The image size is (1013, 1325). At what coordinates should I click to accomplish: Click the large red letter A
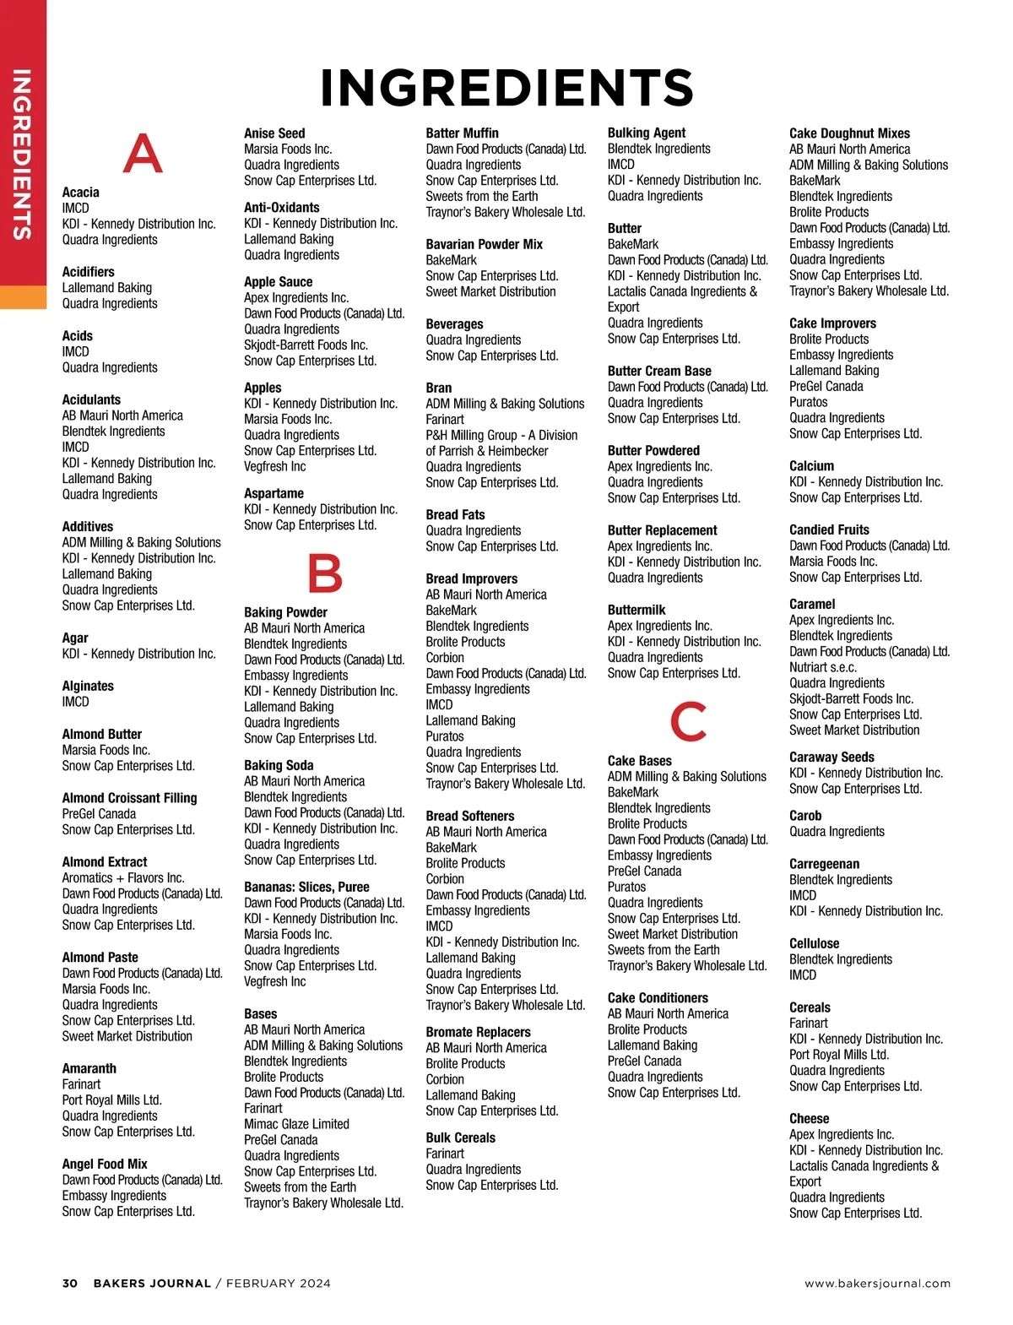143,153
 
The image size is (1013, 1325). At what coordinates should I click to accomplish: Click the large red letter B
325,573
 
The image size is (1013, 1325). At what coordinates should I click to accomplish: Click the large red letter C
688,720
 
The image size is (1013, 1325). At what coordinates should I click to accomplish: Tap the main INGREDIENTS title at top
506,88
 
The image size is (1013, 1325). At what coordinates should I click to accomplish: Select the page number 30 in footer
70,1283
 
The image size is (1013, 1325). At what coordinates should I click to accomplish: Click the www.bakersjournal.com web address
877,1283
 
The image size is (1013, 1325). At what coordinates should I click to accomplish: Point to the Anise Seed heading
274,133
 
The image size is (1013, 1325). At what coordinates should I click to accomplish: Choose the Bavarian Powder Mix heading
484,244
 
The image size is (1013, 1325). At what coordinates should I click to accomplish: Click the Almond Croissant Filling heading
129,798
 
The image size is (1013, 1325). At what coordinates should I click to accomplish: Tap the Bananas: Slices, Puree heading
306,887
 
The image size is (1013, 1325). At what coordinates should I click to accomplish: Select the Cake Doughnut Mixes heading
849,133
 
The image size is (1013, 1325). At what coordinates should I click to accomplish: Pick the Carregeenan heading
824,864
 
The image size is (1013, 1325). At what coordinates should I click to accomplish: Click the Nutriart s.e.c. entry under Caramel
822,667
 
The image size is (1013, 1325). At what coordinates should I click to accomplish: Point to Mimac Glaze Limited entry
296,1124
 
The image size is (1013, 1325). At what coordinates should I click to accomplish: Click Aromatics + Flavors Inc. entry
123,877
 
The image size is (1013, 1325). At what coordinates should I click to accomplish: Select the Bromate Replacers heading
478,1032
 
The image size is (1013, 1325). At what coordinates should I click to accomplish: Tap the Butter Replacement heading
662,530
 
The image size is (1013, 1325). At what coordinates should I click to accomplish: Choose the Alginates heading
88,686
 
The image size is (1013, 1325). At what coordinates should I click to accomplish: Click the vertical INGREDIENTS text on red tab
22,155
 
